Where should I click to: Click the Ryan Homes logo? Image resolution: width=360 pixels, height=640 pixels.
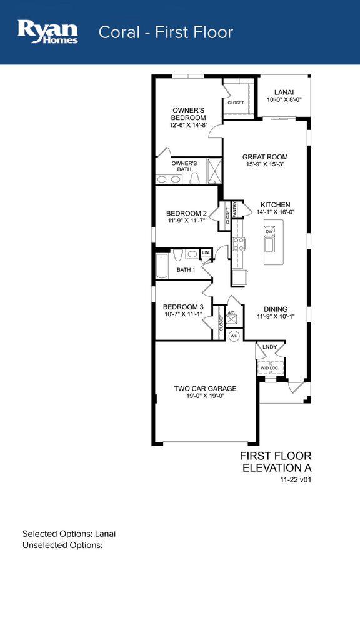(48, 31)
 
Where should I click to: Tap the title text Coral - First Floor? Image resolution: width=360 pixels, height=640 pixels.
(166, 32)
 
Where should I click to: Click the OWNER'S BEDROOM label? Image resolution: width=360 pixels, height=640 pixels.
(189, 114)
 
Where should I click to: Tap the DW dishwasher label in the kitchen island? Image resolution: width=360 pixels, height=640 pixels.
(269, 232)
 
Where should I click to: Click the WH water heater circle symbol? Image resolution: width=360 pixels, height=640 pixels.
(234, 336)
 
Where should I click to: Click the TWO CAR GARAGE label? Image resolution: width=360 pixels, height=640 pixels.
(205, 388)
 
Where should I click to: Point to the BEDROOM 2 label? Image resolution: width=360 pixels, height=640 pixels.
(187, 213)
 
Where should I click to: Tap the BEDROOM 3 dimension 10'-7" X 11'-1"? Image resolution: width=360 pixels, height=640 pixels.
(182, 315)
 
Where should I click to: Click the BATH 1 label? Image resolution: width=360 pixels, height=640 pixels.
(186, 270)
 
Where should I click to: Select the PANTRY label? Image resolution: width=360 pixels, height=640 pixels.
(235, 209)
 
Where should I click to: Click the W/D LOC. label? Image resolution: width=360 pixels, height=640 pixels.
(269, 368)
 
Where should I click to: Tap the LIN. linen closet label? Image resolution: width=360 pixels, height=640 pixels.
(206, 252)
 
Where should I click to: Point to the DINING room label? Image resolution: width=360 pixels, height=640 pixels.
(275, 309)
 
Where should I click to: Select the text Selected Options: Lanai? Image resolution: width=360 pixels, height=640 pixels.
(69, 534)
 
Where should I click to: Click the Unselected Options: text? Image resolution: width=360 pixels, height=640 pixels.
(62, 545)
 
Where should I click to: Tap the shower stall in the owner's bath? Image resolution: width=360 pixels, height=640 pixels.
(214, 170)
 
